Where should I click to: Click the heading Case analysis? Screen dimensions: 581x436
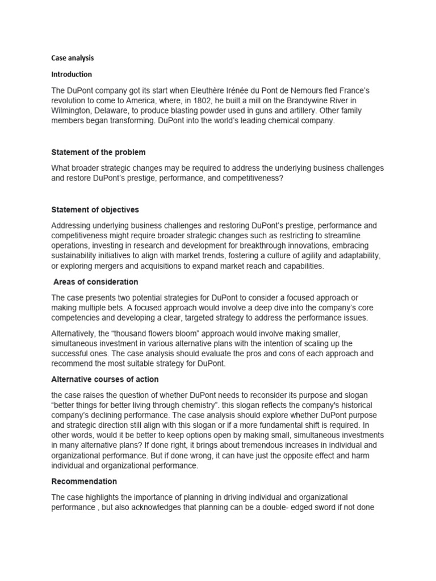pos(73,58)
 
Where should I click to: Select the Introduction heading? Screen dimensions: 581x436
pos(72,74)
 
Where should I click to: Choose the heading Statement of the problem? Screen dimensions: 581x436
pos(98,152)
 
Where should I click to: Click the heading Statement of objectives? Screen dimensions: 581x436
pos(95,210)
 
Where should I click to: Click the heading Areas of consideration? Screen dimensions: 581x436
pos(95,282)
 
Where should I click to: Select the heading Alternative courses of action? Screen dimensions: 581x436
pos(105,379)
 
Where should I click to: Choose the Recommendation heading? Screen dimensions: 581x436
pos(84,481)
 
